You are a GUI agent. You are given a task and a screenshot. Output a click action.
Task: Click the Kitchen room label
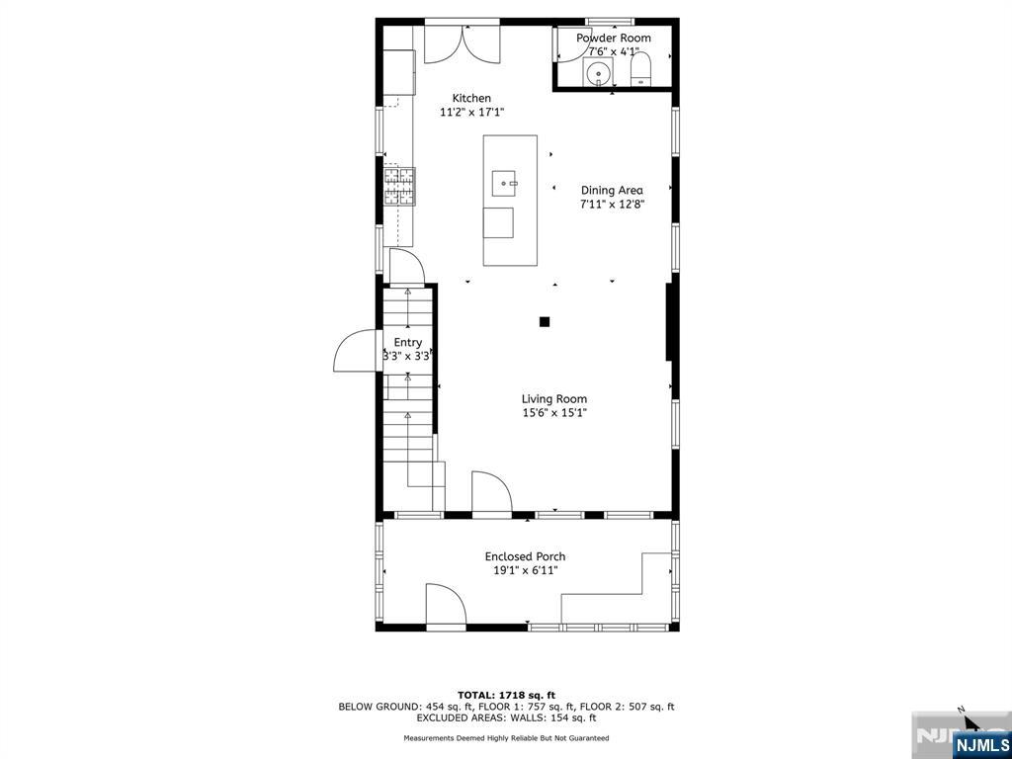coord(471,98)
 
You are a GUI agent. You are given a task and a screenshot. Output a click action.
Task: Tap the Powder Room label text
coord(613,39)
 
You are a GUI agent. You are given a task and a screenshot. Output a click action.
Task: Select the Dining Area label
coord(612,191)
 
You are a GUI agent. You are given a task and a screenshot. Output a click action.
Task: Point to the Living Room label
coord(554,399)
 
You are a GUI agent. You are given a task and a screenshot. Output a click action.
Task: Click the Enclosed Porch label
coord(526,556)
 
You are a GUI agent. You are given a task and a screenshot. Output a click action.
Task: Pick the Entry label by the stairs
coord(408,343)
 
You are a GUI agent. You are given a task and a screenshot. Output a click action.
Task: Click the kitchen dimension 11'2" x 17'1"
coord(471,113)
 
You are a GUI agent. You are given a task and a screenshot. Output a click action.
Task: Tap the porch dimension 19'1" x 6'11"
coord(526,570)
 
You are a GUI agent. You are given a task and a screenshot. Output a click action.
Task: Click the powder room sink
coord(598,71)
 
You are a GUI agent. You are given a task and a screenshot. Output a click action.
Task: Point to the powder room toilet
coord(640,69)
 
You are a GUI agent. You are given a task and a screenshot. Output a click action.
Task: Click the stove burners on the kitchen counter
coord(399,187)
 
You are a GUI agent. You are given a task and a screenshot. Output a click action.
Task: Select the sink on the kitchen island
coord(504,183)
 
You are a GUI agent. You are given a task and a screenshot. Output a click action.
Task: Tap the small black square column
coord(545,321)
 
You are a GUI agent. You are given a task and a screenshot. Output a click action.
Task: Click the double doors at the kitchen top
coord(463,43)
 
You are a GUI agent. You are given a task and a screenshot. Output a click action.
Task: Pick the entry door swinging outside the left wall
coord(355,351)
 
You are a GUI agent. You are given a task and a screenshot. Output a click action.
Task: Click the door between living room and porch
coord(492,492)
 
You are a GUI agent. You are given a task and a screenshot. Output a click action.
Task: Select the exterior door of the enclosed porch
coord(446,605)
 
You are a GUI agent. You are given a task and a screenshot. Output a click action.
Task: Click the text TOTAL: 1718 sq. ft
coord(506,695)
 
